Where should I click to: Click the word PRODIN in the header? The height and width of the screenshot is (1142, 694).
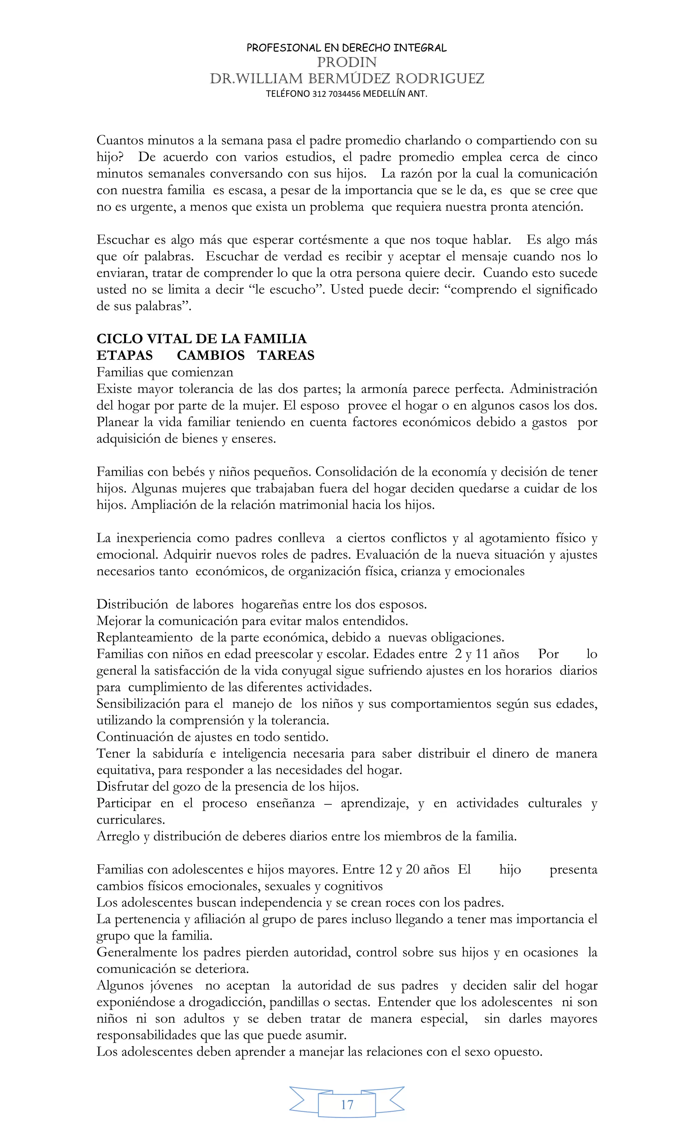347,62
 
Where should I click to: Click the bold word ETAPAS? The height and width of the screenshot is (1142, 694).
124,355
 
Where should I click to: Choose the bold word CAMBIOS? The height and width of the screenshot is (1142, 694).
211,355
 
